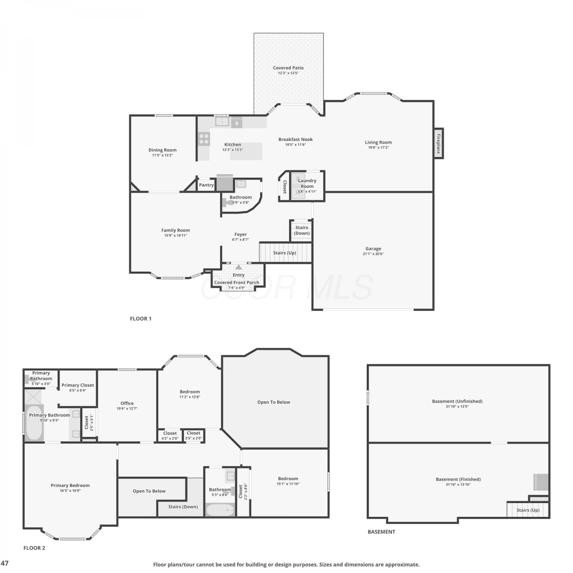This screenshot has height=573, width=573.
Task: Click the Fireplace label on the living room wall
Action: click(439, 144)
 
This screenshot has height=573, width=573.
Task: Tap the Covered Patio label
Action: click(288, 68)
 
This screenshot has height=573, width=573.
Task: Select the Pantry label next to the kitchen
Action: click(206, 185)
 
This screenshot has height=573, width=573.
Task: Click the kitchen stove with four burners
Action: click(204, 139)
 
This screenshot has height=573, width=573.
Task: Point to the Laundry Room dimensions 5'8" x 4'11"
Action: click(307, 191)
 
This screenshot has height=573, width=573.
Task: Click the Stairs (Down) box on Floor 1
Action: click(301, 230)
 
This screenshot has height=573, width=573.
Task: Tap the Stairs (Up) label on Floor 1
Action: click(285, 253)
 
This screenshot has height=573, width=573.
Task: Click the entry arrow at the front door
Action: click(239, 267)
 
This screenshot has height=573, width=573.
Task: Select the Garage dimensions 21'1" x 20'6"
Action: click(373, 254)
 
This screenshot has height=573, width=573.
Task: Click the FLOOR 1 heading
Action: click(141, 319)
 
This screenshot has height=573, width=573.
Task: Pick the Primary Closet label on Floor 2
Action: click(78, 385)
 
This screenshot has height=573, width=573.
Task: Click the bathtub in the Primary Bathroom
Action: click(34, 422)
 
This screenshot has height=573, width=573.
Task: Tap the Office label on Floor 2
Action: click(127, 403)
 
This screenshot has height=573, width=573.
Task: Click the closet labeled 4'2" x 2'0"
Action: click(170, 435)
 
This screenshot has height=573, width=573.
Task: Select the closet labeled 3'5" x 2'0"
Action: click(194, 435)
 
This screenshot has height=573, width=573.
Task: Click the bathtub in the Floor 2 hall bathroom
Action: click(220, 510)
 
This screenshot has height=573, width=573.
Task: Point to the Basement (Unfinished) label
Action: click(457, 401)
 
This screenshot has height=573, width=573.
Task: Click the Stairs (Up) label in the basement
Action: click(528, 510)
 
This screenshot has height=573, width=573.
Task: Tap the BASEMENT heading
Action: click(381, 532)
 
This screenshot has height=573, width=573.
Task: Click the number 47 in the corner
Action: click(5, 563)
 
